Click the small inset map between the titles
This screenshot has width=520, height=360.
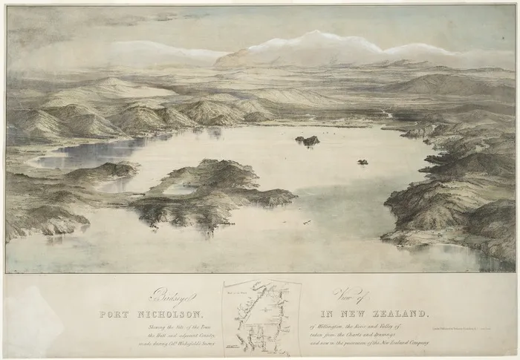[261, 318]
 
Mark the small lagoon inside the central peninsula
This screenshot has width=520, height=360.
[178, 189]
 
